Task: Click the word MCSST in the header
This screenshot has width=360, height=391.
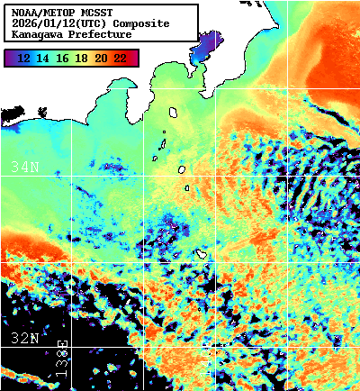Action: click(94, 13)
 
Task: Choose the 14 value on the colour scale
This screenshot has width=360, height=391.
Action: click(43, 58)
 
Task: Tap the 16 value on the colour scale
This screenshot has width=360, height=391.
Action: click(62, 58)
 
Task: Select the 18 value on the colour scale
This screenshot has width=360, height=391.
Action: click(82, 58)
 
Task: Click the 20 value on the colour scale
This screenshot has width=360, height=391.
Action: click(101, 58)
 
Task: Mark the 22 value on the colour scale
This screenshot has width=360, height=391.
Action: click(121, 58)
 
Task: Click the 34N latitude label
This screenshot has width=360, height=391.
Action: click(23, 167)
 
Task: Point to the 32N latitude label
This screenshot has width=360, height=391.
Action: click(23, 339)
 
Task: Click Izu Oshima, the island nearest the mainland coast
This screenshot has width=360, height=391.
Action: click(173, 113)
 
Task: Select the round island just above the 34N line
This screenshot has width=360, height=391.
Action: click(181, 168)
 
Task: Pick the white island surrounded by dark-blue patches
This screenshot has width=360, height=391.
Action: click(203, 255)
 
